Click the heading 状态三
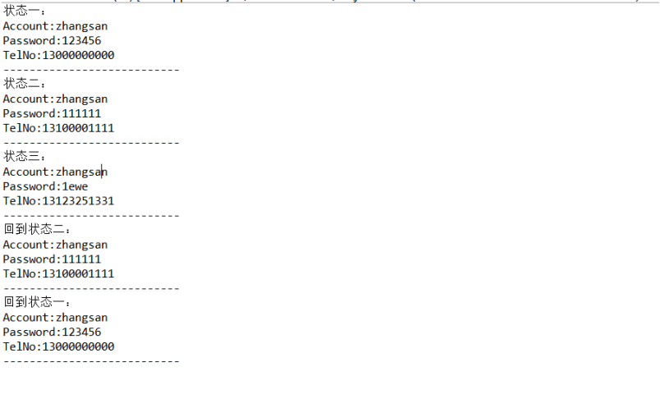click(x=25, y=157)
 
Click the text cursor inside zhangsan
click(x=102, y=172)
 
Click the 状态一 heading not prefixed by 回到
click(x=25, y=11)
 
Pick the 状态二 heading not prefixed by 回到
click(x=25, y=84)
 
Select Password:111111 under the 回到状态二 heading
click(x=52, y=259)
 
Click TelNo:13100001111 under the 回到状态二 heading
click(x=58, y=274)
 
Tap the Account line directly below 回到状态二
click(x=55, y=245)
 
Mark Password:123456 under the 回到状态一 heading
click(x=52, y=332)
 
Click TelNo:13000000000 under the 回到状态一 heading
click(x=58, y=347)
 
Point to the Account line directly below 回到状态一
click(x=55, y=318)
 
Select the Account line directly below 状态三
click(x=55, y=172)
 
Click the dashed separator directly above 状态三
click(x=91, y=143)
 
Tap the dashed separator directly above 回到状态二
click(x=91, y=216)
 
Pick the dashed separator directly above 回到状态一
click(x=91, y=288)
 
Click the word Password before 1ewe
click(x=29, y=186)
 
